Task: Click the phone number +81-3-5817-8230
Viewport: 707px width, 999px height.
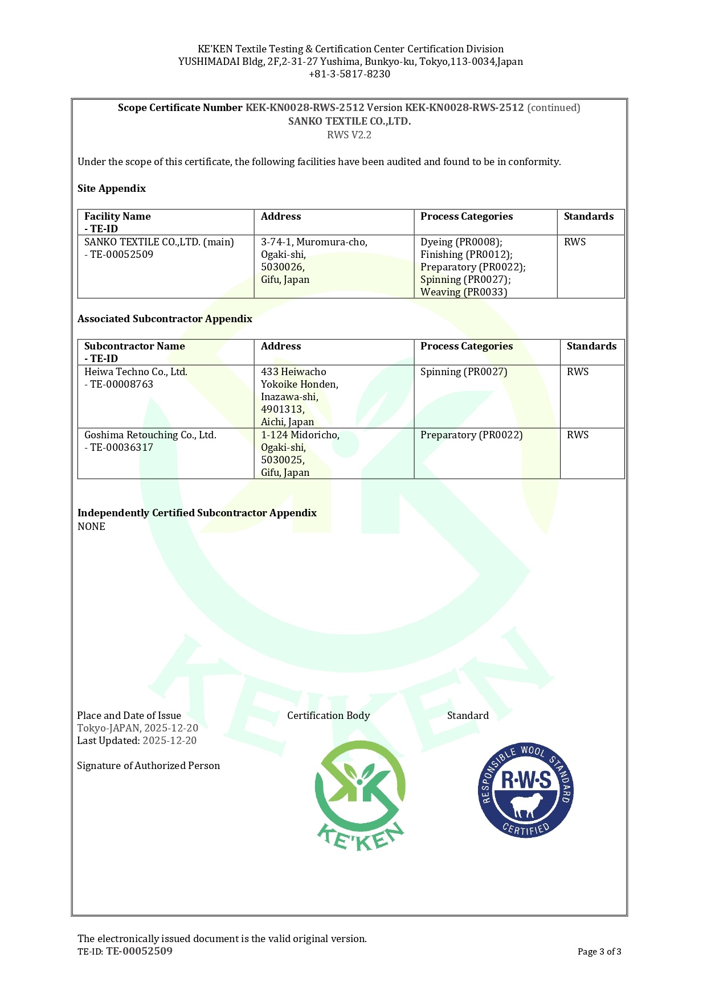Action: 349,74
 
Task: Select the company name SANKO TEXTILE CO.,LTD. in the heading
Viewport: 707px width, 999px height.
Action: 349,121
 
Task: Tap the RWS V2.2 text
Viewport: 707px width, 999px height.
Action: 349,135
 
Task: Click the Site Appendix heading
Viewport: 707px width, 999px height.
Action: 112,188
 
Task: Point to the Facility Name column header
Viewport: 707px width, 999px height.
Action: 117,216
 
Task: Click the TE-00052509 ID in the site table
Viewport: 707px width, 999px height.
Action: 121,254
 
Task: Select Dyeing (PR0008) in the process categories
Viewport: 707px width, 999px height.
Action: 461,242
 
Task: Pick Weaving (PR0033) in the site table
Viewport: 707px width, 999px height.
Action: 463,292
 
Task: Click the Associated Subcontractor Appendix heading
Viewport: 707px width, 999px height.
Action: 165,319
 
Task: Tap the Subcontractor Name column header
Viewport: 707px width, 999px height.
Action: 134,346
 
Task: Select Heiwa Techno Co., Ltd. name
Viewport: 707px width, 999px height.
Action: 136,372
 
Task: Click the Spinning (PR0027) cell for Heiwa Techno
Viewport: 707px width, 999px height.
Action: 463,372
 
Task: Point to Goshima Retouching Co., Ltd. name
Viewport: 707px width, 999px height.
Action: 150,435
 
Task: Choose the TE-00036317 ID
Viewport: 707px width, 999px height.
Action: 121,447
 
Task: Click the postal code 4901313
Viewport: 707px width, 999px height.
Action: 282,409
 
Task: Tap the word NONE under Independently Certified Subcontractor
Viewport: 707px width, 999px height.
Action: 91,527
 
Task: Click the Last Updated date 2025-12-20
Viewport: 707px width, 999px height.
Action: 169,741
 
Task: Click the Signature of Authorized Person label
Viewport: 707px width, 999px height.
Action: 148,766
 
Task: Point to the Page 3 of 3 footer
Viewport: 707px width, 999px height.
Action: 599,952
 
